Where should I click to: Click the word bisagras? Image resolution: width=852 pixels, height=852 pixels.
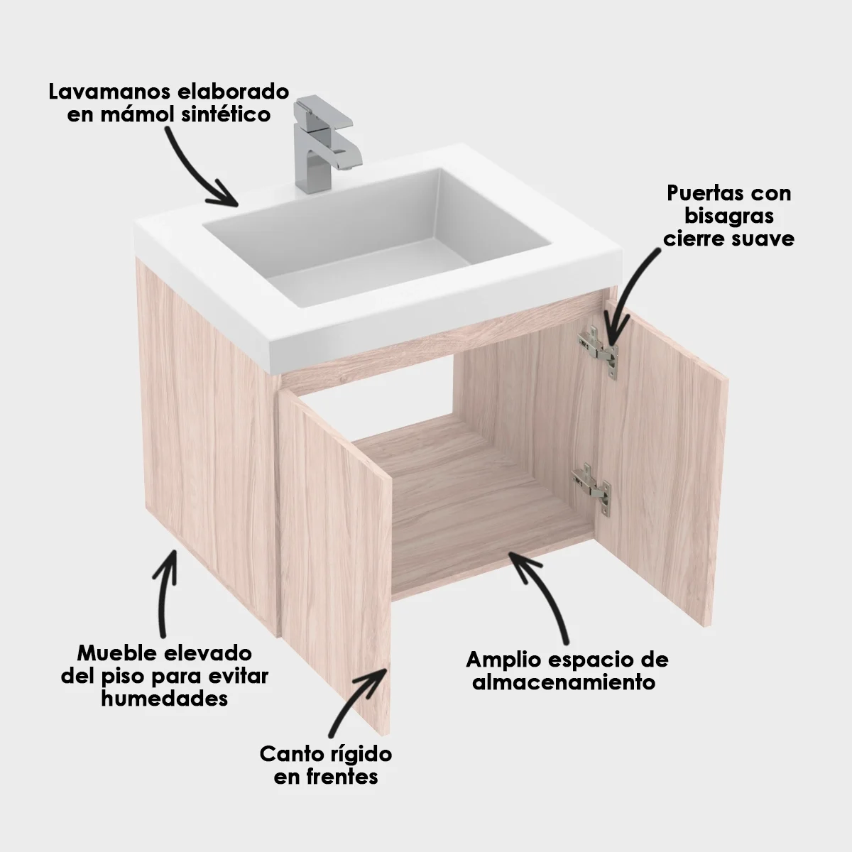[x=729, y=216]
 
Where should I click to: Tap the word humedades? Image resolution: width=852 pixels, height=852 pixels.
[x=165, y=699]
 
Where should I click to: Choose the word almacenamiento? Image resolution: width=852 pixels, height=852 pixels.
[x=563, y=683]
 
